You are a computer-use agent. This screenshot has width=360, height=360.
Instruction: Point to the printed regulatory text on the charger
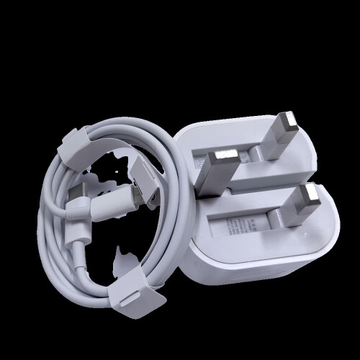point(234,225)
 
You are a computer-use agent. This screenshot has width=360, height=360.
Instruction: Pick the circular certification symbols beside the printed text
point(248,223)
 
